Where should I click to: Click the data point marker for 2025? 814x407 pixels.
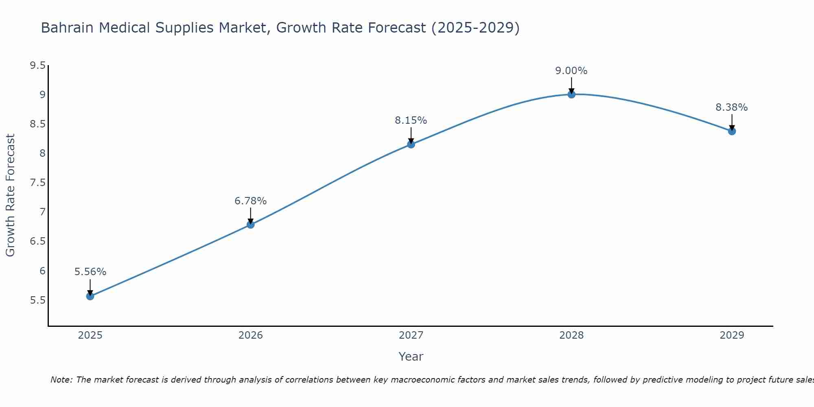(90, 296)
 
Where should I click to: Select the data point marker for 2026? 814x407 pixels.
(250, 224)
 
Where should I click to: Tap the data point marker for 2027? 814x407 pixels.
(411, 144)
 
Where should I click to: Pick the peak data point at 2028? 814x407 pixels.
(571, 94)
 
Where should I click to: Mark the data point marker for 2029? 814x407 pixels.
(732, 131)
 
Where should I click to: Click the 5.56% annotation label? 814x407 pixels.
(90, 272)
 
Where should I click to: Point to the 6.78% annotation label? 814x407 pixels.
(250, 201)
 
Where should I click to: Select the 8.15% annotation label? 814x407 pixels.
(411, 120)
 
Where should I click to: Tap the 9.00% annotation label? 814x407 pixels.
(571, 71)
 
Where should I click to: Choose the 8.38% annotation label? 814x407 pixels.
(732, 107)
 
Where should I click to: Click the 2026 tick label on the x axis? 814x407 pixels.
(250, 335)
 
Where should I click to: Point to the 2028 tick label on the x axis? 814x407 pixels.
(571, 335)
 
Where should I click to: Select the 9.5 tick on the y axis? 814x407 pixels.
(37, 66)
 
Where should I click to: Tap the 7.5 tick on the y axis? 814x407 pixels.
(37, 183)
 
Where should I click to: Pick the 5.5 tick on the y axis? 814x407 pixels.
(37, 300)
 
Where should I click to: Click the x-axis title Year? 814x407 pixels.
(411, 357)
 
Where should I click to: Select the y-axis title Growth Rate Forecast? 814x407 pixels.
(10, 195)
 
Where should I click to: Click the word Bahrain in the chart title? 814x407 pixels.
(68, 28)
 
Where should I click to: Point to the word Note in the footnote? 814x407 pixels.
(61, 380)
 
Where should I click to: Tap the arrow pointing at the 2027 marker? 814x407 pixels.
(411, 135)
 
